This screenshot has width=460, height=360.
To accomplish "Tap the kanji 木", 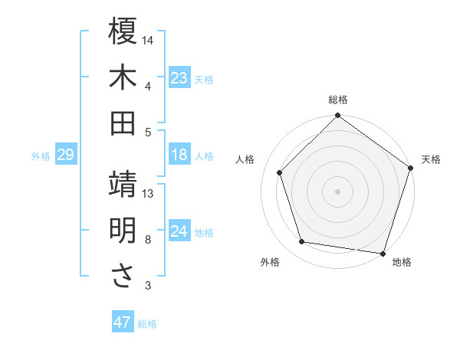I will (123, 77).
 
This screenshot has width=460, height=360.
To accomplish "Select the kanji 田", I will (123, 123).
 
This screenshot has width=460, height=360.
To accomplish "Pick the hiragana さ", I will (123, 277).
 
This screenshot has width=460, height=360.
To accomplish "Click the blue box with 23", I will (179, 78).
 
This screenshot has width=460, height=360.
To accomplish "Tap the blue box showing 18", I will (179, 155).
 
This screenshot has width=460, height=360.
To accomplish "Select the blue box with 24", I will (179, 232).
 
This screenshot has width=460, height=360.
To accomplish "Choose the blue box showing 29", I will (65, 155).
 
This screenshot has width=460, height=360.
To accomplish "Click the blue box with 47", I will (123, 322).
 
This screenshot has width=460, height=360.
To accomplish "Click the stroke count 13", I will (148, 194).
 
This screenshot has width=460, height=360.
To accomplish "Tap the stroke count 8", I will (148, 240).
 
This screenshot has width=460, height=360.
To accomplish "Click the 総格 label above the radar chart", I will (338, 100).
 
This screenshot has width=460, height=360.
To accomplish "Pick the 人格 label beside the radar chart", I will (245, 159).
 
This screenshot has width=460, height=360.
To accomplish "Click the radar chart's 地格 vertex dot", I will (382, 253).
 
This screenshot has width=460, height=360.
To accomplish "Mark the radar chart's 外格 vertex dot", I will (302, 242).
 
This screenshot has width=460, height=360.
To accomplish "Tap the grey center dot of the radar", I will (338, 191).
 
